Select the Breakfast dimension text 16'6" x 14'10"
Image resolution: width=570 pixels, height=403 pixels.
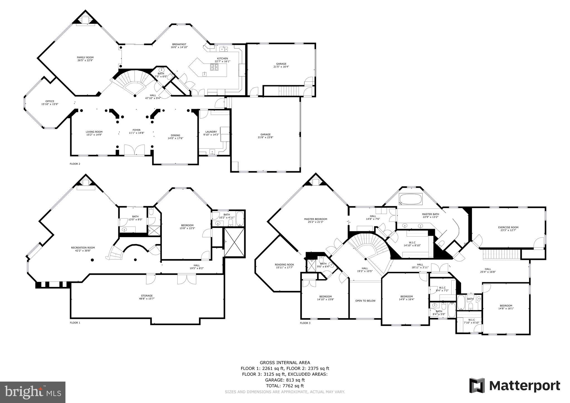point(179,47)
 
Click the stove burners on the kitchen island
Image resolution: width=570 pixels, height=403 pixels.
point(215,67)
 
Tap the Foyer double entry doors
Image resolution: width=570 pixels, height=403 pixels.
point(134,150)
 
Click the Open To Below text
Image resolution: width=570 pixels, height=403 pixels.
point(365,301)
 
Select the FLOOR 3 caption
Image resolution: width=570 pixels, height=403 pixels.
point(305,323)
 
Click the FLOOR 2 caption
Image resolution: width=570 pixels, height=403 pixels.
point(75,164)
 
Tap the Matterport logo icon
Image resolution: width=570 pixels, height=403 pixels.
point(477,385)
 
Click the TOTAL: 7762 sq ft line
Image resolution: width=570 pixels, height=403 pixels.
point(285,386)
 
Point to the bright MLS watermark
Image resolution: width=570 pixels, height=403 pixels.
point(33,392)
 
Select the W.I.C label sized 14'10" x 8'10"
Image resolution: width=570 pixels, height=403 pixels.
point(412,244)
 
